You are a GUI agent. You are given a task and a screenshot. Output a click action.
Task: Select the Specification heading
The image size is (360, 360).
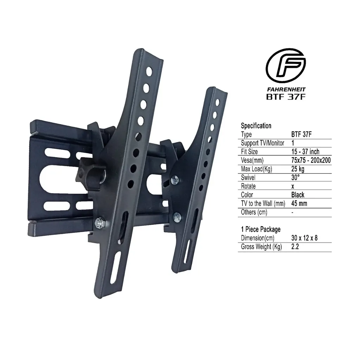[x=256, y=126]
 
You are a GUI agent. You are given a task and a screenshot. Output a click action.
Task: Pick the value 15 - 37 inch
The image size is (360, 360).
[x=305, y=152]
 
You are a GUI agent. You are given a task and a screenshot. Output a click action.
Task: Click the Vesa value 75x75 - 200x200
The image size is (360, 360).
[x=310, y=160]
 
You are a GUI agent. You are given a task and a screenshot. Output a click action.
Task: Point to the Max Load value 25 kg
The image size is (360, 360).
[x=298, y=169]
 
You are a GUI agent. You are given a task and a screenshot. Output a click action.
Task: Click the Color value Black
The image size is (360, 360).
[x=297, y=194]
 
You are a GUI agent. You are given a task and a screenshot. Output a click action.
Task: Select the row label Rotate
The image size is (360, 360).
[x=248, y=186]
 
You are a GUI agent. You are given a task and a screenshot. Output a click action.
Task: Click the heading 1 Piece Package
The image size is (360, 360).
[x=261, y=229]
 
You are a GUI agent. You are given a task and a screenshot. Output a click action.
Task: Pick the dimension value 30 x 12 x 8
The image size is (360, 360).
[x=304, y=238]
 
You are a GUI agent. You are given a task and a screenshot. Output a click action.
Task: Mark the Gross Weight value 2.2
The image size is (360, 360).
[x=295, y=247]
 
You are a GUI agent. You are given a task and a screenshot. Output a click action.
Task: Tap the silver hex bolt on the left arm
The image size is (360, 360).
[x=99, y=222]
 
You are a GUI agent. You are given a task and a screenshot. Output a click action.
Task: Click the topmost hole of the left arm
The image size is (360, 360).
[x=149, y=73]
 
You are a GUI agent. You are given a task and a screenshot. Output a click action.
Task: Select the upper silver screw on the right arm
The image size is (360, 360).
[x=175, y=180]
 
